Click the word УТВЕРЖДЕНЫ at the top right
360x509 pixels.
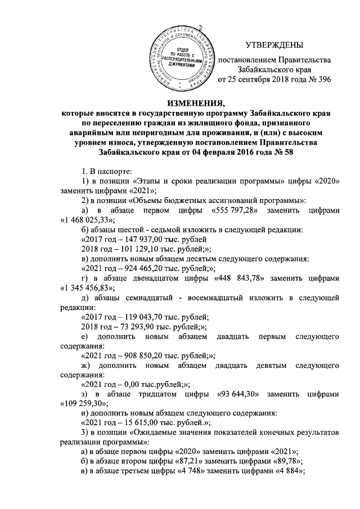click(x=274, y=44)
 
